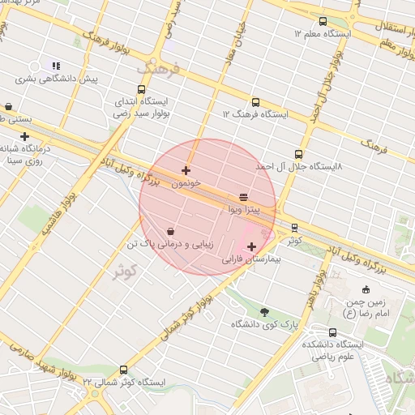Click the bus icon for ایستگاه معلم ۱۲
pyautogui.click(x=323, y=22)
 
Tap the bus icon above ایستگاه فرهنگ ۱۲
pyautogui.click(x=256, y=103)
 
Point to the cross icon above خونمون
pyautogui.click(x=186, y=171)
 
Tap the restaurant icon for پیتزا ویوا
pyautogui.click(x=244, y=197)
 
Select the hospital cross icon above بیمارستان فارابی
pyautogui.click(x=251, y=246)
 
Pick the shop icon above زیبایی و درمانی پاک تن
pyautogui.click(x=170, y=231)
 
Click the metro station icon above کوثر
pyautogui.click(x=294, y=228)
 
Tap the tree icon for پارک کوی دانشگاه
pyautogui.click(x=264, y=312)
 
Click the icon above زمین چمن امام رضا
pyautogui.click(x=366, y=290)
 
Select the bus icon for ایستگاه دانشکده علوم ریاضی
pyautogui.click(x=333, y=332)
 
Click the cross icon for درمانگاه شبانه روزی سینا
pyautogui.click(x=24, y=136)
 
